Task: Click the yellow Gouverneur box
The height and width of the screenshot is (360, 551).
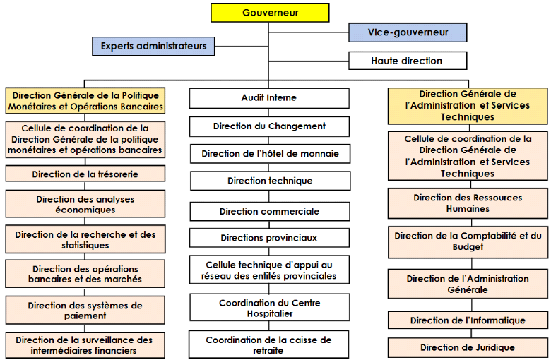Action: tap(270, 13)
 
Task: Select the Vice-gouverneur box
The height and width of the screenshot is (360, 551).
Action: tap(408, 32)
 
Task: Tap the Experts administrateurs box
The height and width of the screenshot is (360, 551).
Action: tap(153, 46)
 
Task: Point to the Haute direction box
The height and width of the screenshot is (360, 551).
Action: tap(407, 61)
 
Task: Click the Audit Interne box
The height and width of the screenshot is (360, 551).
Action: tap(269, 97)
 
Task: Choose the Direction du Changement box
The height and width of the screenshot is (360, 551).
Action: tap(269, 126)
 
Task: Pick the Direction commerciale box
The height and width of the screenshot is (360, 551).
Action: tap(269, 211)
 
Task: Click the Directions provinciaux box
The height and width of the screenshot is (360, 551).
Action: tap(269, 238)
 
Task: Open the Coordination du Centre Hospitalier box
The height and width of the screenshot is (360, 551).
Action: tap(269, 308)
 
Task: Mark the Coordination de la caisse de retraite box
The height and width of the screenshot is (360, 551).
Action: tap(268, 344)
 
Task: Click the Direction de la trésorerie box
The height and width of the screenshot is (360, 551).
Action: tap(85, 174)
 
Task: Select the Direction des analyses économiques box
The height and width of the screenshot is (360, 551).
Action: tap(85, 204)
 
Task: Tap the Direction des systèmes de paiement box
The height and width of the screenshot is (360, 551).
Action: tap(85, 311)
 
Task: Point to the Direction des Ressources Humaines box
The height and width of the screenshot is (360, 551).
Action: tap(468, 203)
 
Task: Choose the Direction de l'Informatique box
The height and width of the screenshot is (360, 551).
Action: tap(468, 320)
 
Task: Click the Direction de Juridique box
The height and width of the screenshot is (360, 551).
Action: tap(468, 347)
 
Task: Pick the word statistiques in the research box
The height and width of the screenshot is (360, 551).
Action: tap(85, 246)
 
